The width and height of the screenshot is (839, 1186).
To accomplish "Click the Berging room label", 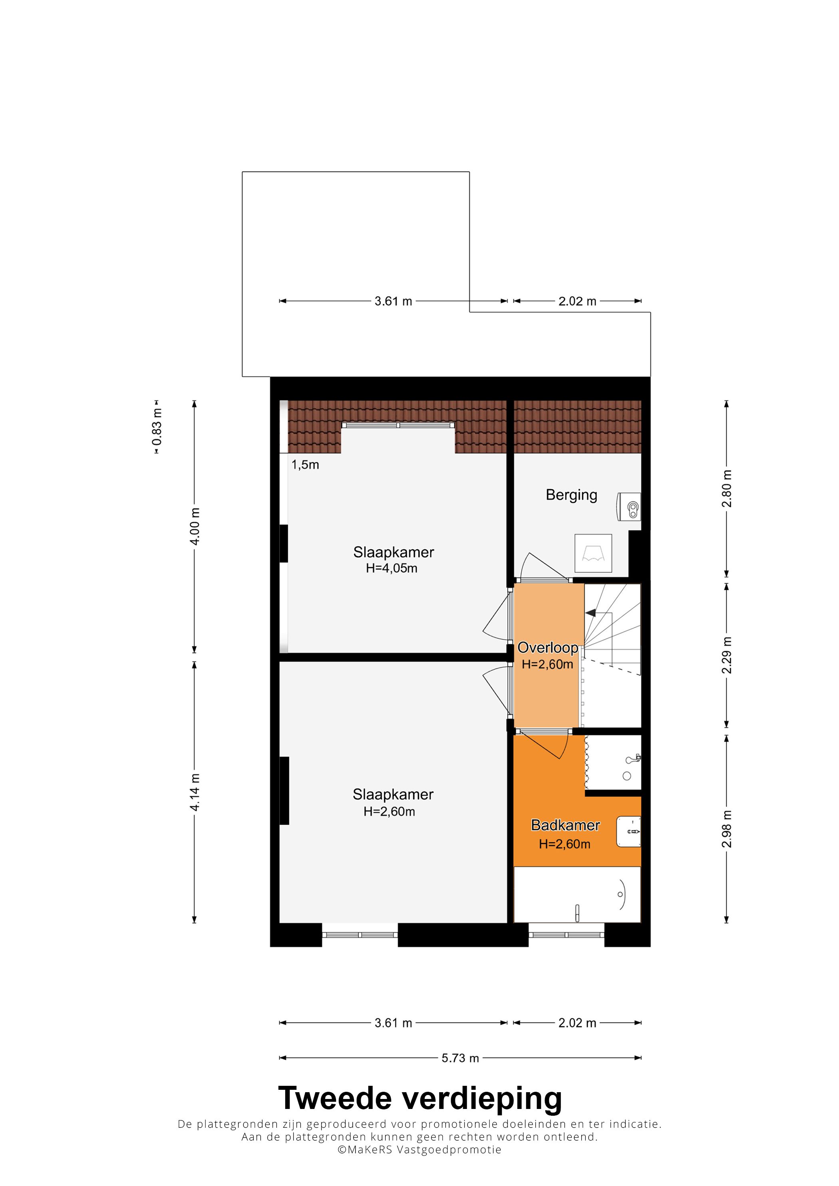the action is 571,495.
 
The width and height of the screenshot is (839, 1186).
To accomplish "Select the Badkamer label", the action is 566,825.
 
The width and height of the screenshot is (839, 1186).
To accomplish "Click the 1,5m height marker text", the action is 305,465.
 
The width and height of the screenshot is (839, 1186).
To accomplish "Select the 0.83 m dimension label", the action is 157,427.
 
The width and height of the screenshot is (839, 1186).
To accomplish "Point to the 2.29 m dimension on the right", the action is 726,655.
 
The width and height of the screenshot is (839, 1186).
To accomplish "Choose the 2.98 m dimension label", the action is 726,829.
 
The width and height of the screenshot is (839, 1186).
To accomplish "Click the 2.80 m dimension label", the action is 726,489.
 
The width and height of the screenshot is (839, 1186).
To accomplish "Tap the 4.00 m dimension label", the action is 195,526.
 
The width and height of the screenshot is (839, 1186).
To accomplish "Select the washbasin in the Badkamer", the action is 628,832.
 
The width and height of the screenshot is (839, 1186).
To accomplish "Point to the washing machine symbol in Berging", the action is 593,553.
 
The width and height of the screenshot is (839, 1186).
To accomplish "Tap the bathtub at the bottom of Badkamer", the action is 577,895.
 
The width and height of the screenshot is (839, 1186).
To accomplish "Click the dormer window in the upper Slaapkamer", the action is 398,425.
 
